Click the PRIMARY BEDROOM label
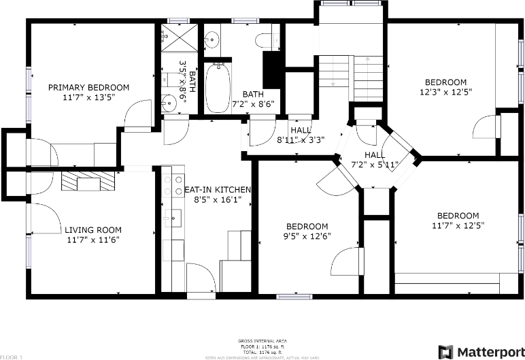click(88, 87)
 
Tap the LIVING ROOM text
click(92, 230)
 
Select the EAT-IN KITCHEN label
click(218, 190)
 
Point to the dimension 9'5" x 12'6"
click(307, 236)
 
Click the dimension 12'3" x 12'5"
click(445, 91)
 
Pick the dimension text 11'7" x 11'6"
click(92, 240)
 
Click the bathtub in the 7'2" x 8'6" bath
click(218, 88)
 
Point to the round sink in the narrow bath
click(170, 103)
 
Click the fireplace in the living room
click(88, 182)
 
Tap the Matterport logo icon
click(445, 351)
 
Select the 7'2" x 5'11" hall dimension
click(374, 164)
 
